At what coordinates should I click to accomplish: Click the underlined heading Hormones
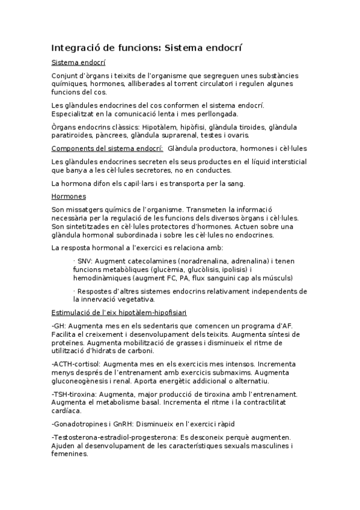(69, 196)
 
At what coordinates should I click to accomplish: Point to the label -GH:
(59, 325)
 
